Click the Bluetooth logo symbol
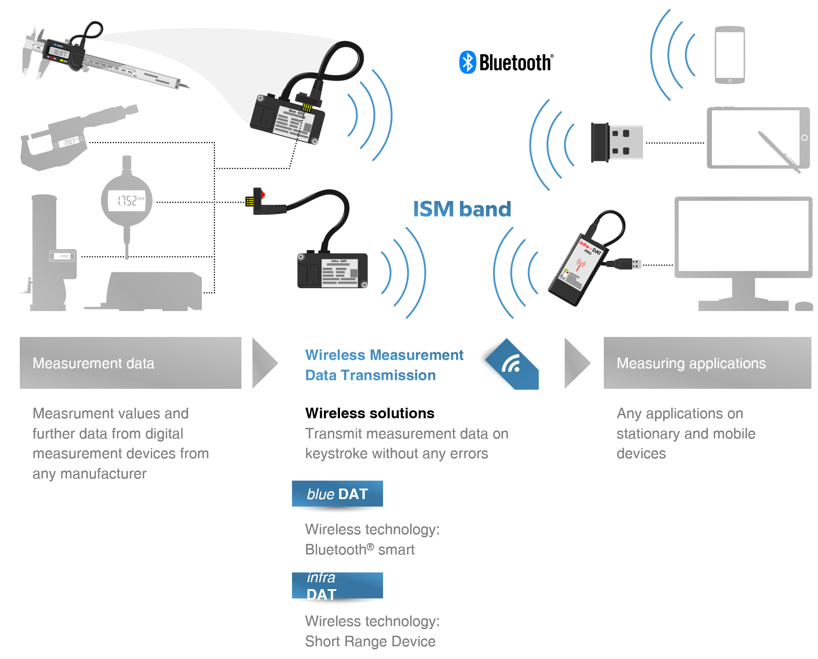(467, 62)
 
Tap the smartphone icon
(730, 55)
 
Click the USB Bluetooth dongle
(617, 142)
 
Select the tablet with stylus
(758, 138)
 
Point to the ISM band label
(462, 209)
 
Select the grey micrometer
(75, 137)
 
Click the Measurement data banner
(130, 363)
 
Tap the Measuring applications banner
(707, 363)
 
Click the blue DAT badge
(337, 494)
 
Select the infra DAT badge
(337, 586)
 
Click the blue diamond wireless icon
(512, 364)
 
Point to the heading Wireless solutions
(370, 413)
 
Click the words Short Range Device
(370, 641)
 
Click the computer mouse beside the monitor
(804, 306)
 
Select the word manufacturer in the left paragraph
(103, 474)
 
